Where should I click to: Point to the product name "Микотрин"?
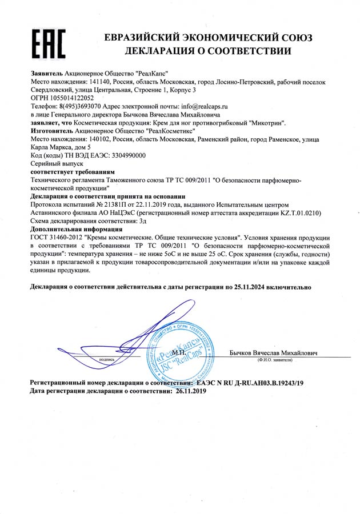[266, 123]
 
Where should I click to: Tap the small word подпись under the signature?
[107, 359]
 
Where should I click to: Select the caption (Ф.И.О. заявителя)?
[275, 360]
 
